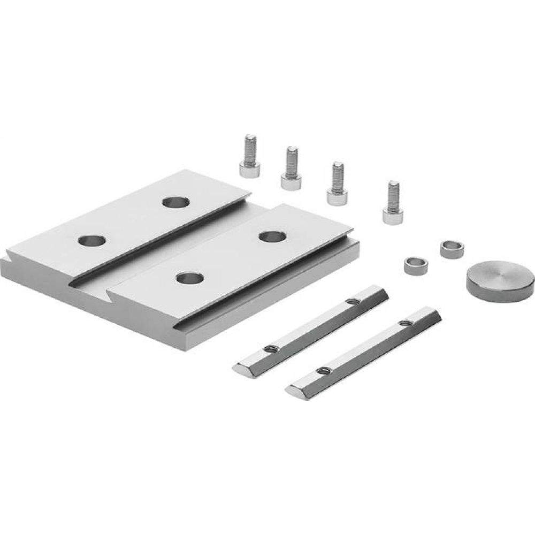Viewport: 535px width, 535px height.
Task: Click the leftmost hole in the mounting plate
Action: (91, 240)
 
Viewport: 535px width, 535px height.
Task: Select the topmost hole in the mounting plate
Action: (176, 203)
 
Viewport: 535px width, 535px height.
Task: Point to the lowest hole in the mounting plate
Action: (189, 278)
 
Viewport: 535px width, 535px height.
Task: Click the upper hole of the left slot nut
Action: (351, 302)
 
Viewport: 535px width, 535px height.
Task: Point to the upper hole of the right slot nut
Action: (405, 323)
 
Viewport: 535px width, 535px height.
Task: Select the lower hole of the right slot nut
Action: (322, 371)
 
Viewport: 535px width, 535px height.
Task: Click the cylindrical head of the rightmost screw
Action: (392, 215)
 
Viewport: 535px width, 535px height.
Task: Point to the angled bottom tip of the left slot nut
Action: (241, 369)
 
